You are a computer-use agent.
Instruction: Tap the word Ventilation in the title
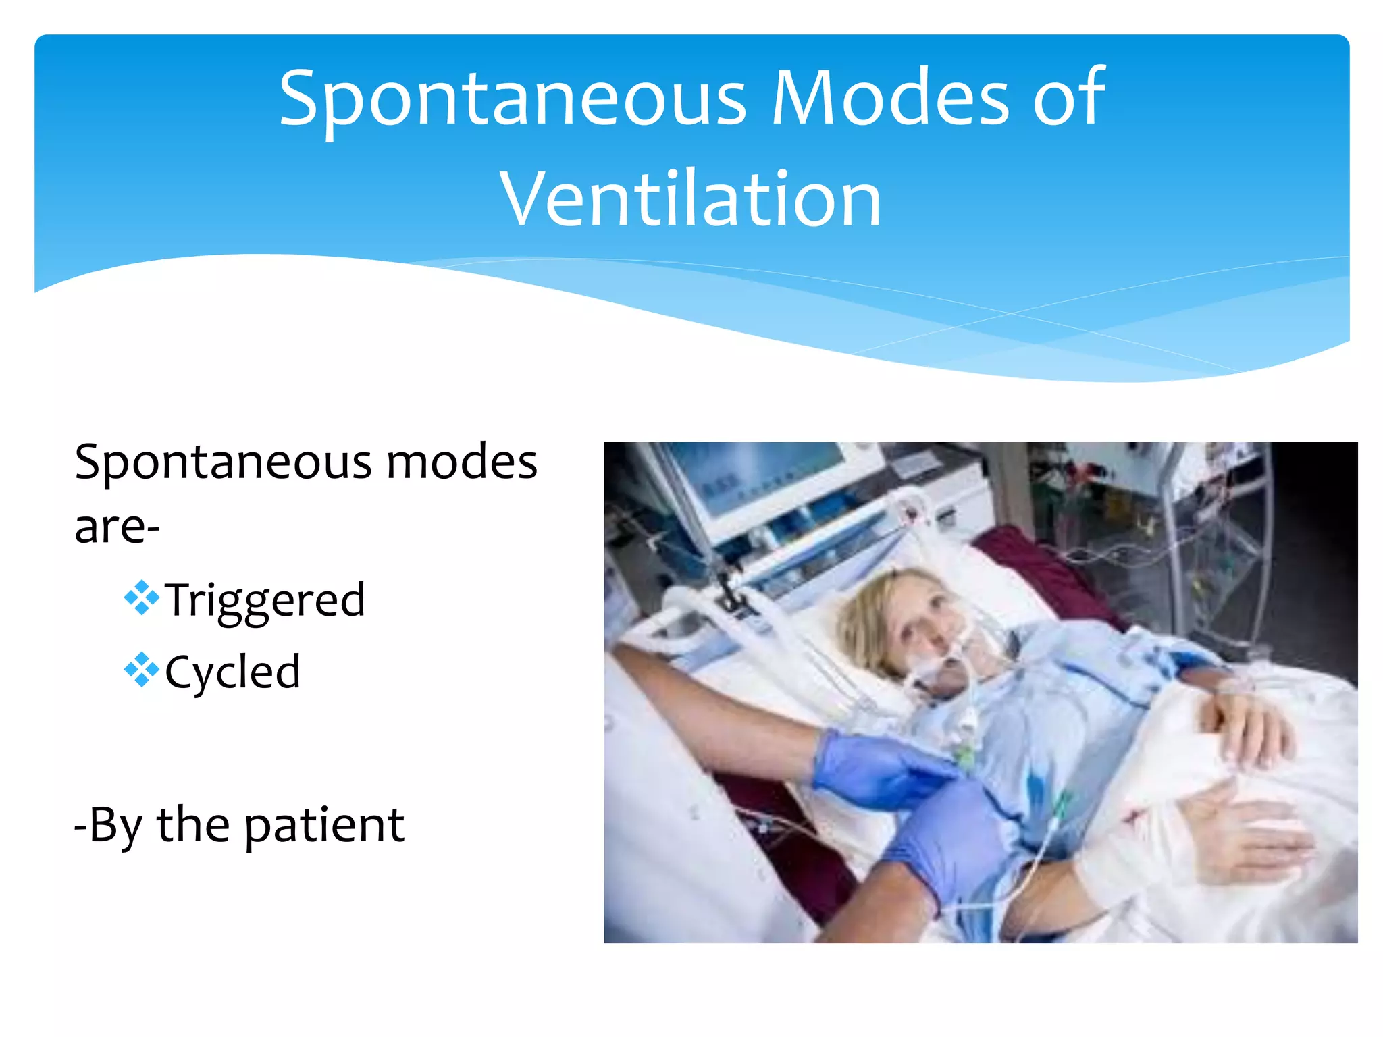click(x=690, y=199)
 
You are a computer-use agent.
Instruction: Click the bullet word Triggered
click(x=265, y=600)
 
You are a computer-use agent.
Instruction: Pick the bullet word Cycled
click(x=232, y=672)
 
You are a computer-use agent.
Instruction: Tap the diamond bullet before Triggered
click(x=142, y=597)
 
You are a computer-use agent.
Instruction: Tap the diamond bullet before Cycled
click(x=142, y=670)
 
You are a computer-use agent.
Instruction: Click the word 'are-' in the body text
click(x=117, y=527)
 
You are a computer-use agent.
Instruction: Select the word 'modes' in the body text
click(x=461, y=462)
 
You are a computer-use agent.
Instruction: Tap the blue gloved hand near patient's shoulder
click(x=871, y=770)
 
